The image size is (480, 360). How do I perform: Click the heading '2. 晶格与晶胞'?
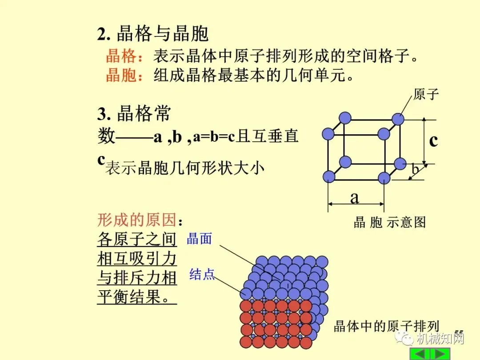(153, 34)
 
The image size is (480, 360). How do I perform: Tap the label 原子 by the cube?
(426, 95)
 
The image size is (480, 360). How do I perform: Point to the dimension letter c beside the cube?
(433, 140)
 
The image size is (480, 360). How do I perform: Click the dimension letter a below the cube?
(354, 197)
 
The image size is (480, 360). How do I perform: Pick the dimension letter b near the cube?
(415, 169)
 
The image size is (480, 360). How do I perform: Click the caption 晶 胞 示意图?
(389, 222)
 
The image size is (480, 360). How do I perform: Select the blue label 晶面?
(199, 239)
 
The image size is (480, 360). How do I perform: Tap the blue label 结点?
(202, 274)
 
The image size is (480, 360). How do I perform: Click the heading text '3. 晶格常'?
(134, 114)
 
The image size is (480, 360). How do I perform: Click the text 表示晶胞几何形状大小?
(184, 168)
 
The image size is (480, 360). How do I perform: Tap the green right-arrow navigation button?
(440, 354)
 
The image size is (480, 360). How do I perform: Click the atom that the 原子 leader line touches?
(398, 119)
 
